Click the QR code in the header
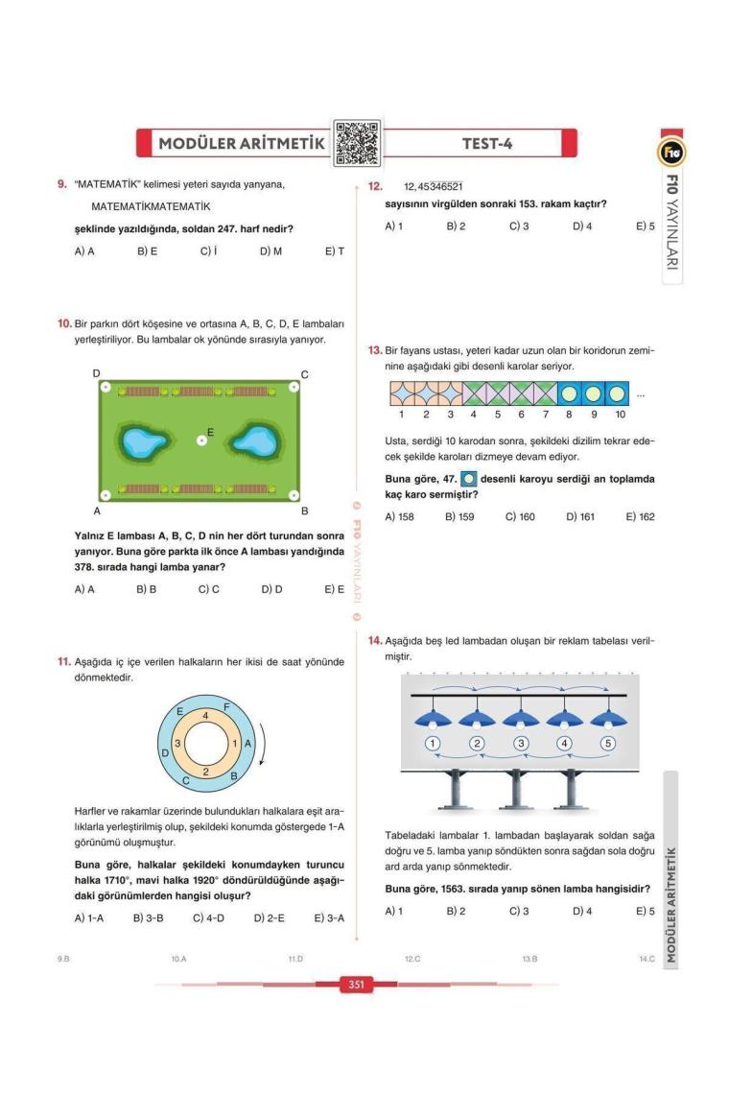(x=356, y=143)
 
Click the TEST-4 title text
(x=487, y=144)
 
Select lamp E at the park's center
(x=201, y=440)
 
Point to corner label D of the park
(x=96, y=372)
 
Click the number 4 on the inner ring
(x=205, y=716)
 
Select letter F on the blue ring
(x=226, y=707)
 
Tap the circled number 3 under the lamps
(x=521, y=743)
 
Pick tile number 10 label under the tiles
(x=620, y=415)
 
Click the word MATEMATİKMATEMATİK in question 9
(x=151, y=206)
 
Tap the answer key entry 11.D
(x=295, y=958)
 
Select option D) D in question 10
(x=271, y=589)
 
